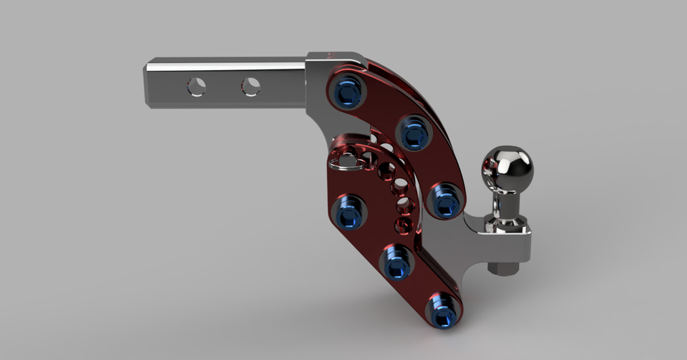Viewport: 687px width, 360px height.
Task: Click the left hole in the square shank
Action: click(196, 87)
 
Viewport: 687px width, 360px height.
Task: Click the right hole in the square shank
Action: click(250, 87)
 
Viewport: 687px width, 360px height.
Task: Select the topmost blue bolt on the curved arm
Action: click(349, 92)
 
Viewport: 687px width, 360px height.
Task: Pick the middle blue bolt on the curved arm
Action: click(413, 132)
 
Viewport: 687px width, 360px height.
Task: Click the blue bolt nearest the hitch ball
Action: click(444, 200)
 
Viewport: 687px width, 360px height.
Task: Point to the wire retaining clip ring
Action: click(349, 160)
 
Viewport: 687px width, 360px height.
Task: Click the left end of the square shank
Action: click(148, 84)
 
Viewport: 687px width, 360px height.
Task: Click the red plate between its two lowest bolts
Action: click(421, 288)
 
